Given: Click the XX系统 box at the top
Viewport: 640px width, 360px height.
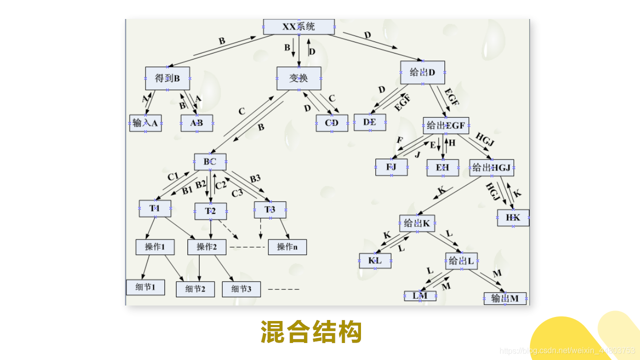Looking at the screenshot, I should (x=299, y=27).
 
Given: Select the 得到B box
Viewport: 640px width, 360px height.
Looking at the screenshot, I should (x=167, y=78).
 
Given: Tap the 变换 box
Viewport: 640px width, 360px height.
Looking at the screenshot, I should (x=299, y=78).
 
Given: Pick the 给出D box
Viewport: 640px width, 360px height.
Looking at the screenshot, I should (x=422, y=72).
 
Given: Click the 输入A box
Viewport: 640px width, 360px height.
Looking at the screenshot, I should (x=145, y=123).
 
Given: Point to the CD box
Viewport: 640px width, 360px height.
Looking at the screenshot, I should (x=332, y=123).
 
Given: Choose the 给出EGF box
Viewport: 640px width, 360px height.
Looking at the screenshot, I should (x=446, y=125).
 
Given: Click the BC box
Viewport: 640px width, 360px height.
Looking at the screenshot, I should (x=210, y=161).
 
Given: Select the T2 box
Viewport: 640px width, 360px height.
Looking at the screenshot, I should (x=210, y=211).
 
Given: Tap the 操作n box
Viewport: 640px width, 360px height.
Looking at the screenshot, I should (x=287, y=247).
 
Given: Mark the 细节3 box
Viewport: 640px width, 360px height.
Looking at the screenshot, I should (x=241, y=289).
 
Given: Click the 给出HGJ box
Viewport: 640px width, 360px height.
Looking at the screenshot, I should (x=491, y=167).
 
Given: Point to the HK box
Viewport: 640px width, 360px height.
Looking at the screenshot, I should (x=513, y=217).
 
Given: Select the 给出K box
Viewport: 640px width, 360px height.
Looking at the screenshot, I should (x=417, y=223).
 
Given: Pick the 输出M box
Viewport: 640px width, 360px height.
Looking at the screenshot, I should (x=505, y=298).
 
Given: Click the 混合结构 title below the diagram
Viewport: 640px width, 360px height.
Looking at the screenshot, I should (x=311, y=332).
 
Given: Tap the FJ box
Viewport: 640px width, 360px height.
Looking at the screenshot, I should (x=391, y=167).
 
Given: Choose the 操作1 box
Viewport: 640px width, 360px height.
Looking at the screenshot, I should (x=155, y=247).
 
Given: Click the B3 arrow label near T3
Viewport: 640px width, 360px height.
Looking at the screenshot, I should (x=255, y=178).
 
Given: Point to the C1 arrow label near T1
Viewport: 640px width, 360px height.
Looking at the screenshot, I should (x=173, y=176).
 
